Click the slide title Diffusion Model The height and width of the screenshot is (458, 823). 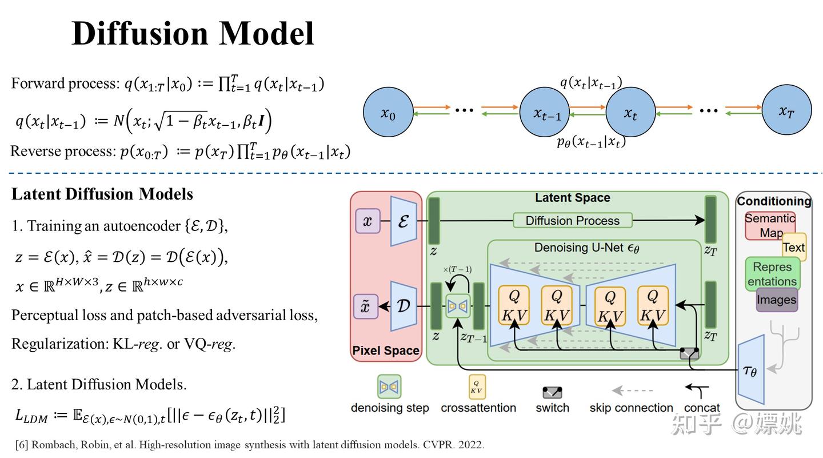coord(193,33)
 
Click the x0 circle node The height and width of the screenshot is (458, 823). coord(388,112)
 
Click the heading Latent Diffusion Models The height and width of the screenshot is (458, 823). coord(102,194)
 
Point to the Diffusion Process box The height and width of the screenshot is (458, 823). coord(572,221)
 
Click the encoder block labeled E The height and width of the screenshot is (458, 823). coord(403,221)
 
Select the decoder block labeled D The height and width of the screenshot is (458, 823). coord(403,306)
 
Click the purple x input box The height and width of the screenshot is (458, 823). coord(367,221)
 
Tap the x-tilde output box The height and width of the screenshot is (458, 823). coord(366,306)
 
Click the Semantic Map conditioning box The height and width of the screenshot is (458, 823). coord(769,226)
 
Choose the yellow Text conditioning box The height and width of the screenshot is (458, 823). coord(794,247)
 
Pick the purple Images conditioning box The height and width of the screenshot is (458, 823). coord(776,300)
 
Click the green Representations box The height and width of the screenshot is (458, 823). coord(772,274)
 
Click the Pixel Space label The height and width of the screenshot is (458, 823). coord(385,351)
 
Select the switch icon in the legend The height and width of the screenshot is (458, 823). coord(552,392)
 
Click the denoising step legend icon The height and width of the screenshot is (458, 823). coord(389,387)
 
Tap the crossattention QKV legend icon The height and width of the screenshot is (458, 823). coord(477,387)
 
